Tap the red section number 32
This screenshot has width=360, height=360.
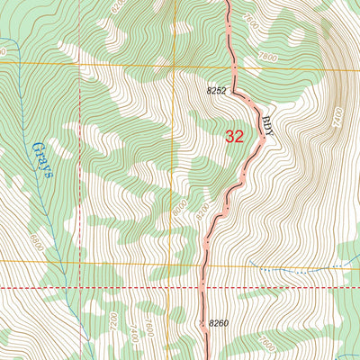[234, 136]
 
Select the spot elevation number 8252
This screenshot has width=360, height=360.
[217, 91]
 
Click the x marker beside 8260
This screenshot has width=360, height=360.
[202, 321]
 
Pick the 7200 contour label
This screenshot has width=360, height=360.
[113, 319]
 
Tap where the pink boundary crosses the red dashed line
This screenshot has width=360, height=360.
[202, 288]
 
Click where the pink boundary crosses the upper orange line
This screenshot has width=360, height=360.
[233, 65]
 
